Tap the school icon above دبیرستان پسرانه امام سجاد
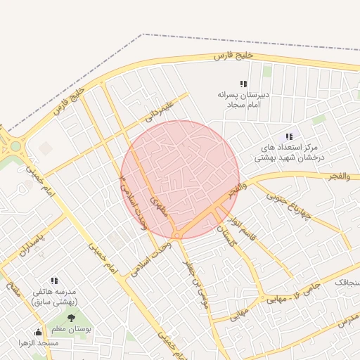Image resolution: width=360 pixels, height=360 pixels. tap(243, 84)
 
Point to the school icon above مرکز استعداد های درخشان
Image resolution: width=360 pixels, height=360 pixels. tap(289, 136)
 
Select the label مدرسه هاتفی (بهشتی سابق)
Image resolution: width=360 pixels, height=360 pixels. tap(54, 297)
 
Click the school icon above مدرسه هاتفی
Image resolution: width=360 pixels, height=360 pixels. tap(54, 281)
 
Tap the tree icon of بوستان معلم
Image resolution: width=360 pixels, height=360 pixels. tap(70, 318)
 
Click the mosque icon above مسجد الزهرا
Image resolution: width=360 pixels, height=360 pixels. tap(39, 332)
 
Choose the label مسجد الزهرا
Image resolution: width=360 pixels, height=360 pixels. tap(39, 343)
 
